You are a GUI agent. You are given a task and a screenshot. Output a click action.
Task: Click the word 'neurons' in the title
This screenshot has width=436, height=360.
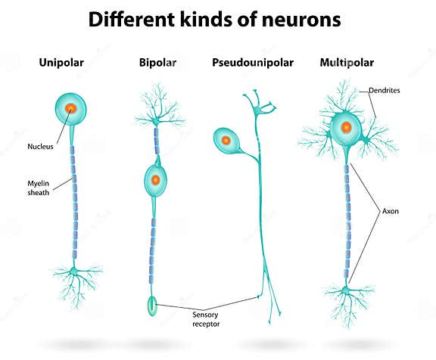(301, 20)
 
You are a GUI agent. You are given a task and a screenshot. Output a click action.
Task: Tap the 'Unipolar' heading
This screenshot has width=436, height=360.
(61, 63)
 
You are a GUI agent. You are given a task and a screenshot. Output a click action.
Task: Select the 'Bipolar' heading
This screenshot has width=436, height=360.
(157, 63)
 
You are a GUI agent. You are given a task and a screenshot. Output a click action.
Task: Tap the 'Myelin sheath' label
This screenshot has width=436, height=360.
(39, 187)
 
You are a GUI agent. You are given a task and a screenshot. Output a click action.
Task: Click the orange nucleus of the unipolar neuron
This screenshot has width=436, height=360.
(71, 108)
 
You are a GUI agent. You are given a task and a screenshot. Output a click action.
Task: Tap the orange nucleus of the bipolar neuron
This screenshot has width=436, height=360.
(155, 180)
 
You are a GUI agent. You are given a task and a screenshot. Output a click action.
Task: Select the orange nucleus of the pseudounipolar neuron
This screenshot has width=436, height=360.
(224, 139)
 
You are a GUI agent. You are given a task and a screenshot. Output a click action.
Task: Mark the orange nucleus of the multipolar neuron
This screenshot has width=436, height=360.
(345, 127)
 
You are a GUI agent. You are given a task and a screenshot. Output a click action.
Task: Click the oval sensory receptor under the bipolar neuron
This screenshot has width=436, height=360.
(152, 306)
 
